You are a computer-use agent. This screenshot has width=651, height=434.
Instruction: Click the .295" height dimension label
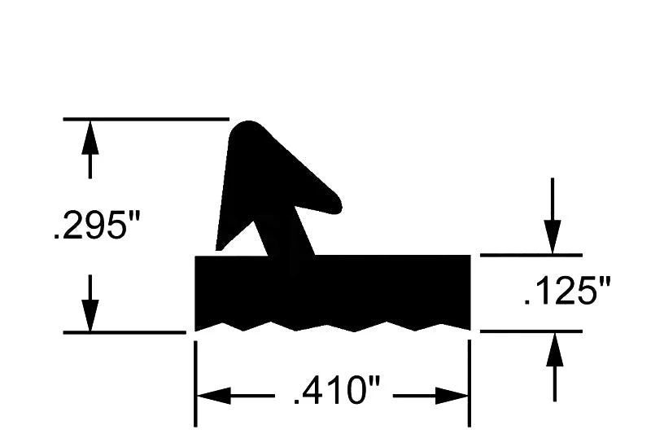pos(97,225)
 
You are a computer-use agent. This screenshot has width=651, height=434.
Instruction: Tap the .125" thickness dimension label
pos(567,292)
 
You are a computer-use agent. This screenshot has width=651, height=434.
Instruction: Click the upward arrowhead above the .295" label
pos(90,137)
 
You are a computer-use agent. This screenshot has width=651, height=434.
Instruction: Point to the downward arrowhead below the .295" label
pos(90,316)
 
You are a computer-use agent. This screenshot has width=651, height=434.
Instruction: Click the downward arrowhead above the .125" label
pos(553,237)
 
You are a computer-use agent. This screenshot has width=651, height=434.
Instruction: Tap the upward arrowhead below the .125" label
pos(555,349)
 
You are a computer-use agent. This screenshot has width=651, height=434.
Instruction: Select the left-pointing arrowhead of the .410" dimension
pos(213,396)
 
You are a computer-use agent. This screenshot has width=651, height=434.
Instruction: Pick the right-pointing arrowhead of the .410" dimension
pos(452,396)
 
